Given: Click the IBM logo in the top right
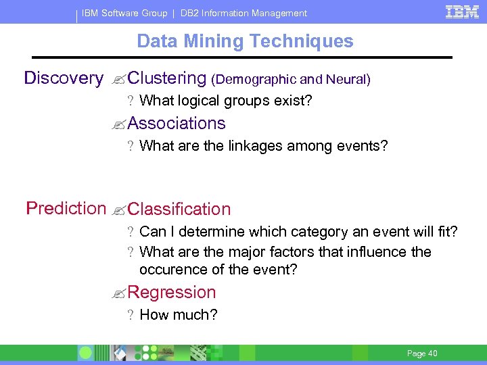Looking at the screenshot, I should coord(462,11).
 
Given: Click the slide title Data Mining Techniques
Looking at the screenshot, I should coord(245,41).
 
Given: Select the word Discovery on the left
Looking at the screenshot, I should coord(64,78).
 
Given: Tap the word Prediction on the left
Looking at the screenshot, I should coord(66,208).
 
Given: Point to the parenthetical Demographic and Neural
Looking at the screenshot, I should coord(291,80).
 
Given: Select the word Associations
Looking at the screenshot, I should coord(176,124).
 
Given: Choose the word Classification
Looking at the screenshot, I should coord(179,210).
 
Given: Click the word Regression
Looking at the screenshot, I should coord(171,293).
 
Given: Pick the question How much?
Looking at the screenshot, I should coord(178,314).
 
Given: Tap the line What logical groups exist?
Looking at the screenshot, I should coord(225,101).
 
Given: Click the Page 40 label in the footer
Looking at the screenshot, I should coord(422,354).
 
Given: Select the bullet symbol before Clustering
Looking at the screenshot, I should coord(120,80).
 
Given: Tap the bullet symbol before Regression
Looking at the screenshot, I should coord(120,294).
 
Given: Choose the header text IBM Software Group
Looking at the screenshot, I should coord(124,13).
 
